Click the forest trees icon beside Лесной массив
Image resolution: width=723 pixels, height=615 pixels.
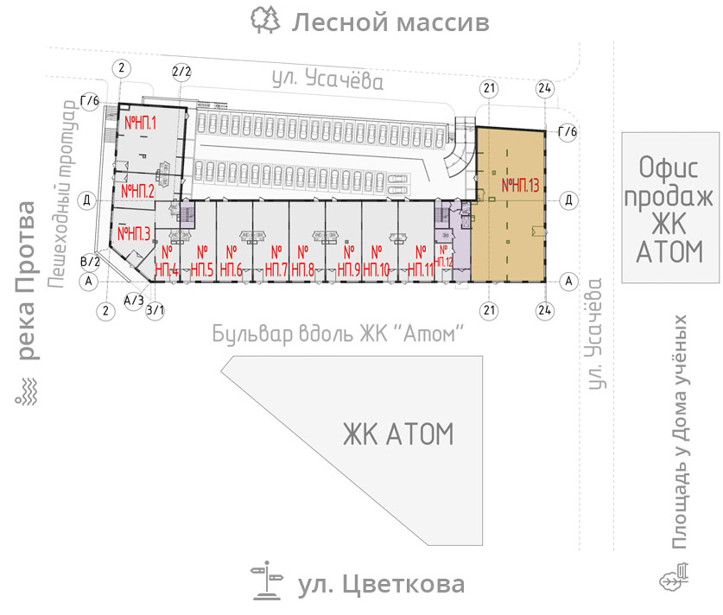point(265,20)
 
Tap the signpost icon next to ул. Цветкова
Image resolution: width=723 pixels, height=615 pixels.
point(267,581)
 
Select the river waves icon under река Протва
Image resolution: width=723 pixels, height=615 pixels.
point(26,392)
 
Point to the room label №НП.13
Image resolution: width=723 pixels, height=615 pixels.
point(520,186)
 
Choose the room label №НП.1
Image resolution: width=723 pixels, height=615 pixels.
point(140,123)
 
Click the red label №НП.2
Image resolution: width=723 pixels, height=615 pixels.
point(137,191)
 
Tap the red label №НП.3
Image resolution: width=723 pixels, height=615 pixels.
point(134,233)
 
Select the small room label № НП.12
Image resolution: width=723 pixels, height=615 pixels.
point(443,257)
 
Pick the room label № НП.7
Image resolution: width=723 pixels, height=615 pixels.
point(276,261)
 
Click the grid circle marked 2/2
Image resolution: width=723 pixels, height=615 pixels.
point(181,72)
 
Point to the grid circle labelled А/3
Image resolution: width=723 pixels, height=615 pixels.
point(134,301)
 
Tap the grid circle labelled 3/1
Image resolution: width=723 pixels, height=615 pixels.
point(155,310)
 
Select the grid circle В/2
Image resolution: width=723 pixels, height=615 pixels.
point(91,262)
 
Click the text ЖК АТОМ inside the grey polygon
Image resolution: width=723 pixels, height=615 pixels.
point(398,434)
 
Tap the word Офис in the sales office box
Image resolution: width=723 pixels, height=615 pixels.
point(668,167)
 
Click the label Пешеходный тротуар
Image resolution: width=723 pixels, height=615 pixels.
point(62,194)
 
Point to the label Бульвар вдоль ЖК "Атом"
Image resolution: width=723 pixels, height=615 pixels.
point(338,333)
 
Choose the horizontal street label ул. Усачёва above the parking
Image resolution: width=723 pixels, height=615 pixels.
point(327,79)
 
